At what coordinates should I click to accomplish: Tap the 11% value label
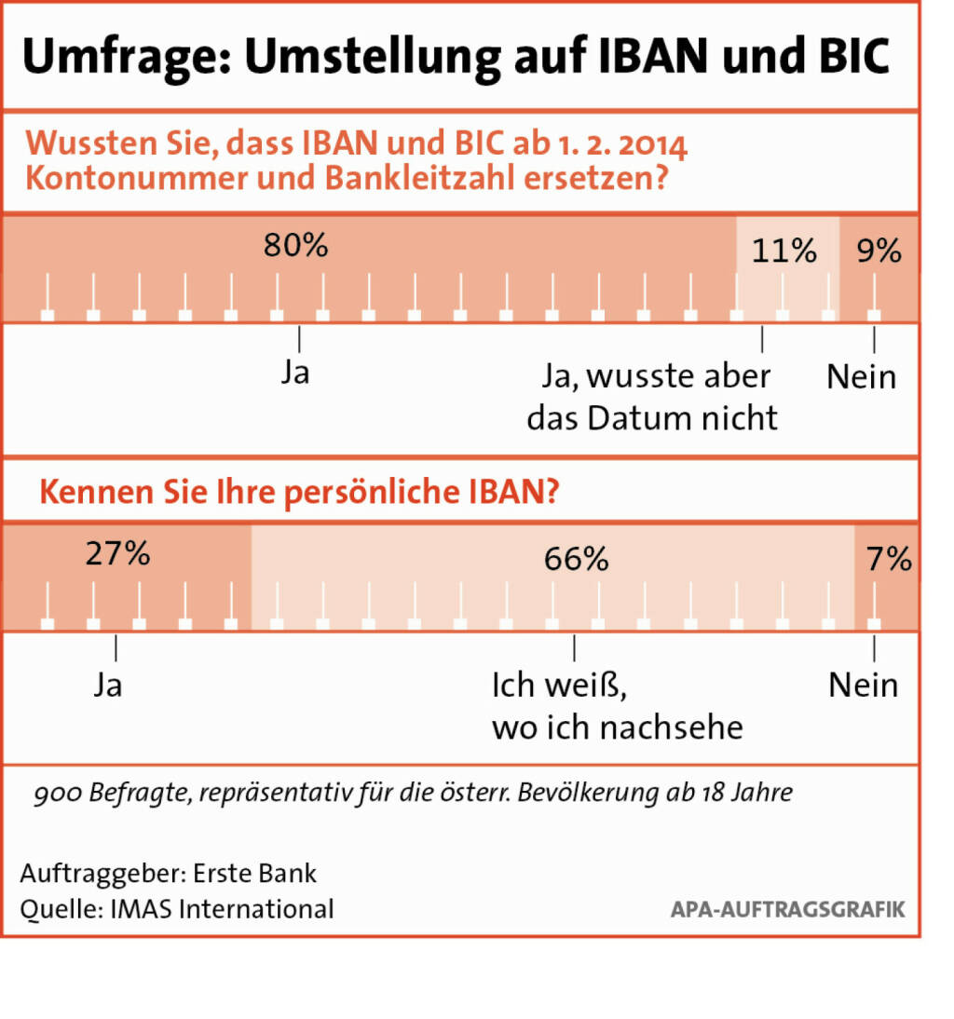tap(784, 251)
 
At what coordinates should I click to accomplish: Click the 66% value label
tap(577, 559)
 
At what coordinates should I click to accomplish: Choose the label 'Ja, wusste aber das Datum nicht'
tap(653, 397)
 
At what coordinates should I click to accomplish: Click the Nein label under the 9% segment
tap(862, 377)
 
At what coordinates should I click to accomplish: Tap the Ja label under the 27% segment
tap(108, 686)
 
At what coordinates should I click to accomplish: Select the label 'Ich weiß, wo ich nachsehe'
tap(617, 706)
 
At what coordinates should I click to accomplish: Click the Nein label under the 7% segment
tap(864, 686)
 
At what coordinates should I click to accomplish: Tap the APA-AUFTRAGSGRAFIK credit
tap(787, 909)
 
